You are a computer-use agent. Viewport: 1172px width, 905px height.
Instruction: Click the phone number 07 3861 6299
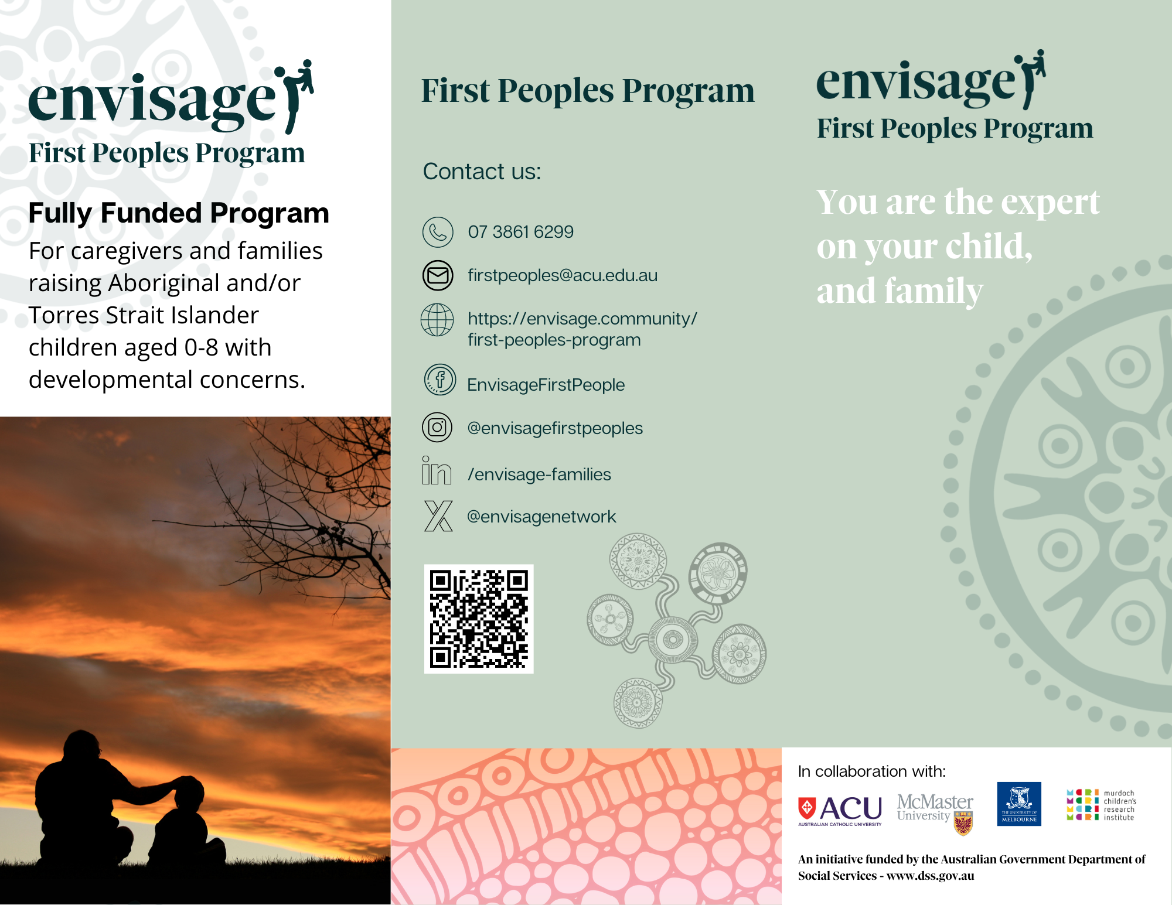pyautogui.click(x=520, y=232)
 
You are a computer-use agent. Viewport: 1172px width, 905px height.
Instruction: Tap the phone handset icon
pyautogui.click(x=438, y=232)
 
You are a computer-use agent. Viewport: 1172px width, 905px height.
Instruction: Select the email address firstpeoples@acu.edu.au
pyautogui.click(x=563, y=275)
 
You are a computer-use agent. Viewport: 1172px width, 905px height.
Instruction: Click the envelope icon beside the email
pyautogui.click(x=438, y=275)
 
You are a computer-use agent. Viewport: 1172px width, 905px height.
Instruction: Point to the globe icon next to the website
pyautogui.click(x=437, y=320)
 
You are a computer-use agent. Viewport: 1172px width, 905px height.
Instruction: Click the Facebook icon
pyautogui.click(x=439, y=380)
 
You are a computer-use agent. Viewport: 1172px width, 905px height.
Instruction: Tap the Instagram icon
pyautogui.click(x=437, y=428)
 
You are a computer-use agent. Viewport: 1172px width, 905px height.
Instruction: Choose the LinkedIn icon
pyautogui.click(x=437, y=471)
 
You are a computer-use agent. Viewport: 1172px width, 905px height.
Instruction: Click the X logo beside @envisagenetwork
pyautogui.click(x=438, y=516)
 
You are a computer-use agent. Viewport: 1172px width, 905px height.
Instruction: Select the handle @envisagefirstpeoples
pyautogui.click(x=555, y=428)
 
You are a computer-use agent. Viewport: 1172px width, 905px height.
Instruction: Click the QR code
pyautogui.click(x=479, y=619)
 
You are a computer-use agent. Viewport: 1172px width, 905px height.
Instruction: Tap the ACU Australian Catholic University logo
pyautogui.click(x=840, y=810)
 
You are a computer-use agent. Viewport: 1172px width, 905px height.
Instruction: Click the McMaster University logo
pyautogui.click(x=935, y=811)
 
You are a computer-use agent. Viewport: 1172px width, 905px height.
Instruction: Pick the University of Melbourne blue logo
pyautogui.click(x=1019, y=804)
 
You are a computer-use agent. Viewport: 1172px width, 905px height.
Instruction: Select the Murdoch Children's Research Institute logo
pyautogui.click(x=1101, y=805)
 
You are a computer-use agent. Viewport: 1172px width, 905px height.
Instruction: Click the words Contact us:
pyautogui.click(x=482, y=172)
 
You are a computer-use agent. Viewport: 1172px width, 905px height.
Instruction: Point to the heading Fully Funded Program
pyautogui.click(x=179, y=213)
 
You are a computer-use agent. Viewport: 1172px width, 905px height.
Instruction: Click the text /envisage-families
pyautogui.click(x=539, y=474)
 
